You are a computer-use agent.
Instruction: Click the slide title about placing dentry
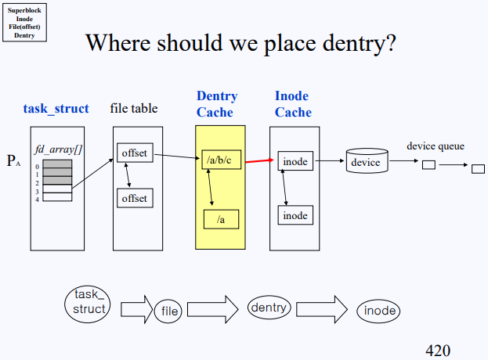241,42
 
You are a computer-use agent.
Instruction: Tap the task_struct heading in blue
56,109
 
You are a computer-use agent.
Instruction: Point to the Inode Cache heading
293,104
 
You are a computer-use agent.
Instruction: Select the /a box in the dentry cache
222,219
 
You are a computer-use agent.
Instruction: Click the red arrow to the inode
260,161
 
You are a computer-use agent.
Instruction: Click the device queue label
436,146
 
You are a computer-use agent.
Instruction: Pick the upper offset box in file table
134,153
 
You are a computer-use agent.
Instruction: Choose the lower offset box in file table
134,199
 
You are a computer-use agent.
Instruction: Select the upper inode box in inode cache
295,162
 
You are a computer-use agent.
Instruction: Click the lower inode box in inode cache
295,214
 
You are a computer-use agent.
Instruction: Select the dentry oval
269,308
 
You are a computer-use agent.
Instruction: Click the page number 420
438,350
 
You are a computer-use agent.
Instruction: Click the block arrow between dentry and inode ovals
322,309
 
